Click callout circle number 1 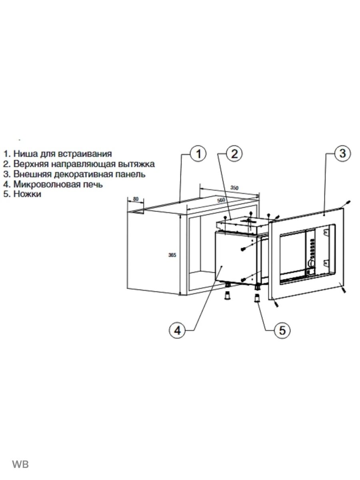198,154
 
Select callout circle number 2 234,154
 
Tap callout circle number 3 342,154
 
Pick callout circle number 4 176,330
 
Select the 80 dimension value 136,199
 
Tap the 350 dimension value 235,188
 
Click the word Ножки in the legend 27,194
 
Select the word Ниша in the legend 24,154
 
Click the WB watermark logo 20,464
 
